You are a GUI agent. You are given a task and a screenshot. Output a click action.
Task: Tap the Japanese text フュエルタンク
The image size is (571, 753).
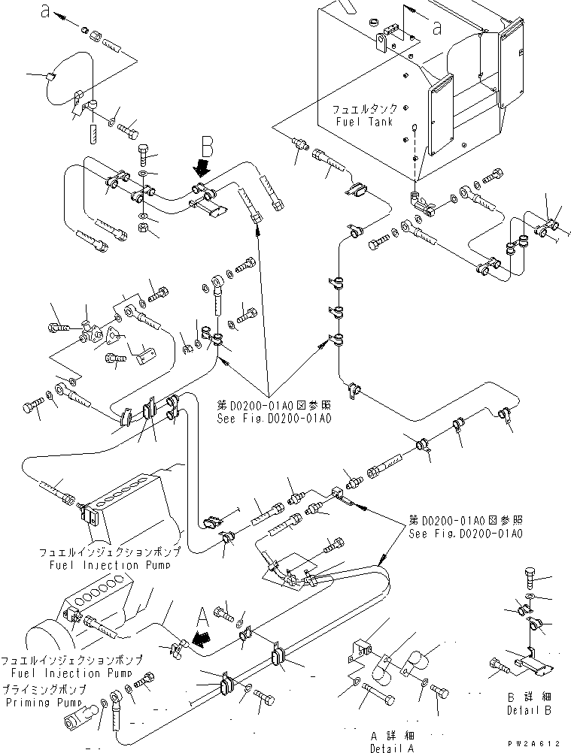click(366, 110)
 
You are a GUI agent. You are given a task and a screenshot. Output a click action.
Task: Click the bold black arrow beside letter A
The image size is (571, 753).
click(199, 639)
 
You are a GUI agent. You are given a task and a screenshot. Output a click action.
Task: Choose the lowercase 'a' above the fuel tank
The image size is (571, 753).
click(437, 27)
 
